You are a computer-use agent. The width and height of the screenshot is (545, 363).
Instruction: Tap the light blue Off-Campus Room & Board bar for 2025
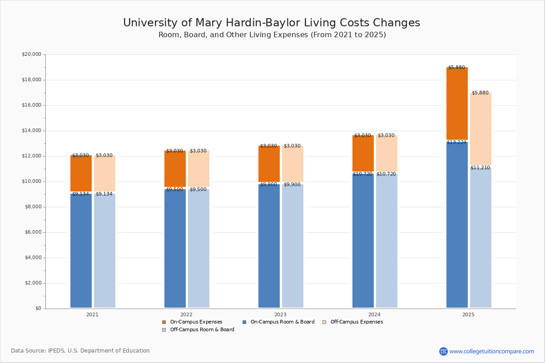coord(481,238)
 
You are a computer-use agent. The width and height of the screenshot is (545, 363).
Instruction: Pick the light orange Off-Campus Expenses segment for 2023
coord(292,164)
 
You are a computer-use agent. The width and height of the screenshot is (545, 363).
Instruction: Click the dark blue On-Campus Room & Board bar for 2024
coord(363,240)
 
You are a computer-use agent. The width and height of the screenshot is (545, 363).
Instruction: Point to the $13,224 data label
coord(456,142)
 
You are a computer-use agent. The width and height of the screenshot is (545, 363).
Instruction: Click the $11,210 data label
coord(480,168)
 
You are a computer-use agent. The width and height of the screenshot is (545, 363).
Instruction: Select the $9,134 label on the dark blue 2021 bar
coord(80,194)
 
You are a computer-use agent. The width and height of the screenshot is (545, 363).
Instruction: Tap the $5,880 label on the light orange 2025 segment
coord(480,93)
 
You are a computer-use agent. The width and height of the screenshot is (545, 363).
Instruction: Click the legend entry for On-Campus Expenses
coord(196,322)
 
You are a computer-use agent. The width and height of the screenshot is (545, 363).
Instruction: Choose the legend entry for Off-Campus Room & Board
coord(202,330)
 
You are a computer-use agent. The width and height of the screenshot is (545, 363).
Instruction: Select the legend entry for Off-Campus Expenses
coord(356,322)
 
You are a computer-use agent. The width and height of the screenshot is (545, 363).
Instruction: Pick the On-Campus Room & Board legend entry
coord(282,322)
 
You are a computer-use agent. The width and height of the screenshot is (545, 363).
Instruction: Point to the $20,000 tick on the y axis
coord(31,54)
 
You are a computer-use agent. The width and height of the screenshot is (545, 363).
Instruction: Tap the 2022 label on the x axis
coord(186,314)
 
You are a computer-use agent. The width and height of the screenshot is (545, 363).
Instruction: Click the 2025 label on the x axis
coord(468,314)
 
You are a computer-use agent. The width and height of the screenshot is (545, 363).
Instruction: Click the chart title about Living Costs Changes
coord(272,23)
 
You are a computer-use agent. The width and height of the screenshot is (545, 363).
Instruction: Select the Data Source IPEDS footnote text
coord(80,351)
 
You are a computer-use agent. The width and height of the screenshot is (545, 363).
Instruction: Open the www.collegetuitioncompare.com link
coord(491,351)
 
